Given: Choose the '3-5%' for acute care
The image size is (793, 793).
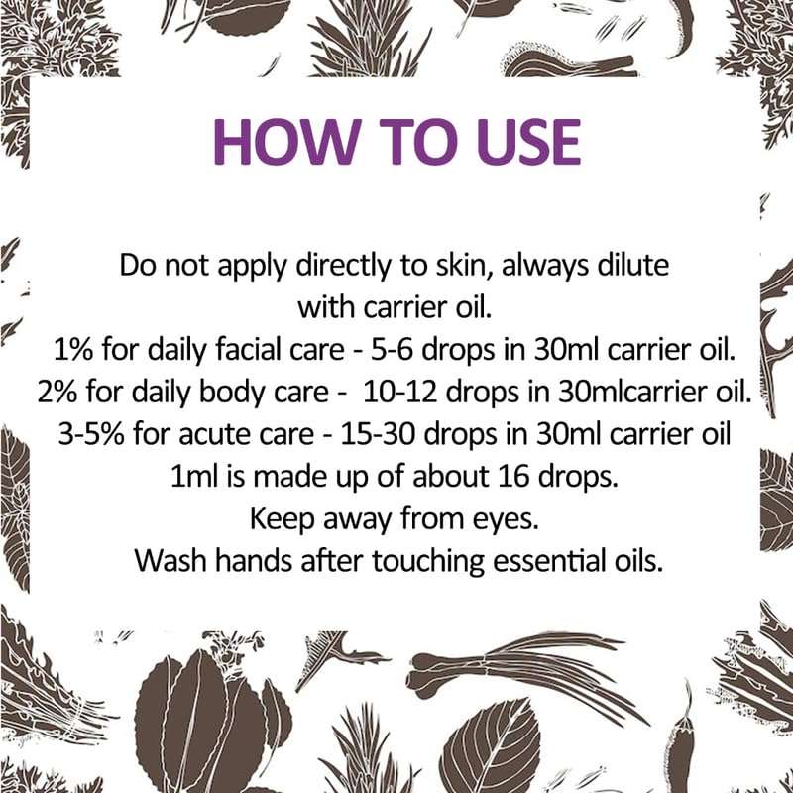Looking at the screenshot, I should (x=95, y=434).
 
